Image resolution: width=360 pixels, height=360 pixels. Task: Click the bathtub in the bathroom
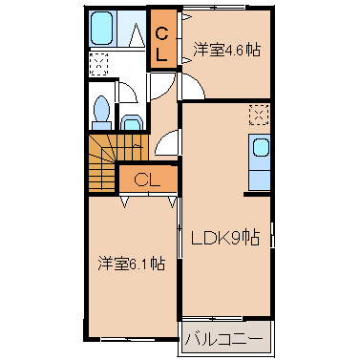[x=102, y=28]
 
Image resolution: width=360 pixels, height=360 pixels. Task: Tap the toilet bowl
[x=102, y=108]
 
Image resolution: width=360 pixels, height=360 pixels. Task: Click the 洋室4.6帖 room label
[x=226, y=50]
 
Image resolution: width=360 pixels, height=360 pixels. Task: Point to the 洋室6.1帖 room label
[x=131, y=264]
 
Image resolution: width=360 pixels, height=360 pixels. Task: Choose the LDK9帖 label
[x=225, y=238]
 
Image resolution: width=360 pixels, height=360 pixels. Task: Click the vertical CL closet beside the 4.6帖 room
[x=163, y=39]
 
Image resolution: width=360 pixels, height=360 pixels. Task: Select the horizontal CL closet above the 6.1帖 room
[x=148, y=180]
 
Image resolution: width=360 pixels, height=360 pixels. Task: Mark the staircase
[x=117, y=162]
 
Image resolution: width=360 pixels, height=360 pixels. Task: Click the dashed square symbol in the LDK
[x=259, y=115]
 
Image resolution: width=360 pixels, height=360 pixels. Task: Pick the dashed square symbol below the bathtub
[x=98, y=65]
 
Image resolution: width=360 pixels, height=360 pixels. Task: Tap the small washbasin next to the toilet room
[x=132, y=122]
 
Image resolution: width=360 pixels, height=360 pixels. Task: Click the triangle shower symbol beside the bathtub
[x=138, y=34]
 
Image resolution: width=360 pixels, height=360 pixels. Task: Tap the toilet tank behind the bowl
[x=102, y=125]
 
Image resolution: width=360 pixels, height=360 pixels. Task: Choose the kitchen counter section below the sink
[x=259, y=180]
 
